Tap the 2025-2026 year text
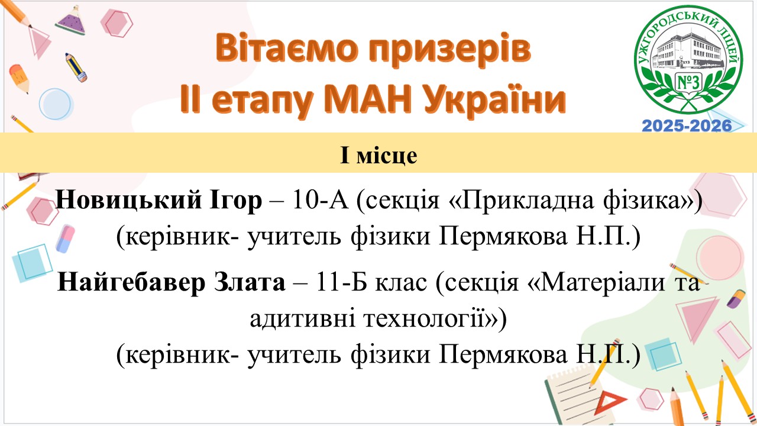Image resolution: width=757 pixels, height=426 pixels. (x=687, y=126)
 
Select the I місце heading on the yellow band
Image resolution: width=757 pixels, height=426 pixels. (x=378, y=156)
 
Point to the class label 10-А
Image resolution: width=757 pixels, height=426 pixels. (x=321, y=200)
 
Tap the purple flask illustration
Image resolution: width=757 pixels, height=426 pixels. (x=72, y=21)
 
